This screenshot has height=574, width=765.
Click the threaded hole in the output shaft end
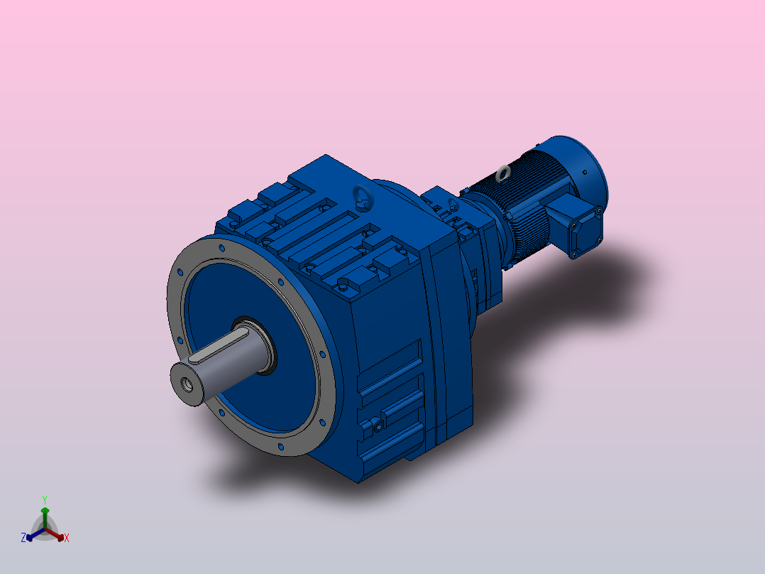pos(189,385)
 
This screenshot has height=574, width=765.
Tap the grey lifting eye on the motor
pos(504,172)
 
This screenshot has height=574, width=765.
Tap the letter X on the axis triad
pos(67,538)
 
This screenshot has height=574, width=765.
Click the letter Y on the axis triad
pos(45,499)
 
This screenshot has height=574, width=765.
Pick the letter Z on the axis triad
pos(23,538)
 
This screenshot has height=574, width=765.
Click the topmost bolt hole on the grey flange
pos(222,249)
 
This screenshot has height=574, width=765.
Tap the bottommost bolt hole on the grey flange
pos(282,447)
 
